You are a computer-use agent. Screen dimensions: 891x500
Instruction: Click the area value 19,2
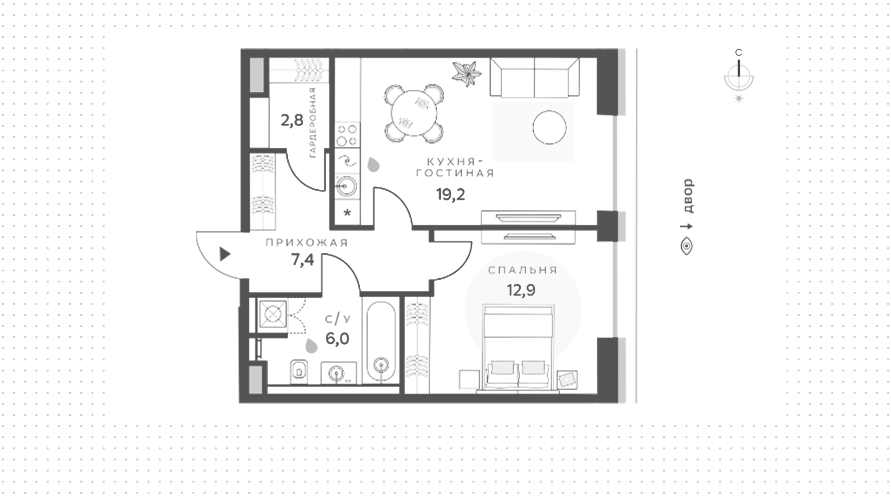[x=450, y=194]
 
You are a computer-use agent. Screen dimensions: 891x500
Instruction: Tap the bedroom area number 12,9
[x=521, y=290]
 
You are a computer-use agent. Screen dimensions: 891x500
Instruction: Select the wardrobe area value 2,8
[x=292, y=121]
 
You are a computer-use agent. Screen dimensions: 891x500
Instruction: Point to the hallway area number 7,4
[x=303, y=260]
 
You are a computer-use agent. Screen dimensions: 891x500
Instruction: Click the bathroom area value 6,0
[x=337, y=339]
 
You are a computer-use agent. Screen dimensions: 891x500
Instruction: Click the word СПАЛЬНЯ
[x=523, y=270]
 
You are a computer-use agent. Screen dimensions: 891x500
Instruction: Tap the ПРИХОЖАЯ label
[x=307, y=243]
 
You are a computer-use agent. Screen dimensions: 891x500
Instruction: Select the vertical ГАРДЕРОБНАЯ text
[x=312, y=122]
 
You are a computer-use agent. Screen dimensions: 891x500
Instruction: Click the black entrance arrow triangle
[x=225, y=254]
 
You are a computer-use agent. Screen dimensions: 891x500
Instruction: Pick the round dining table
[x=413, y=114]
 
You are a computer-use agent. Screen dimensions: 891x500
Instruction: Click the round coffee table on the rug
[x=549, y=128]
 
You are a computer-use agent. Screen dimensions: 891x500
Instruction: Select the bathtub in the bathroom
[x=381, y=341]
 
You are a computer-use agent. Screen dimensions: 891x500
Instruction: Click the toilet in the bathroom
[x=299, y=371]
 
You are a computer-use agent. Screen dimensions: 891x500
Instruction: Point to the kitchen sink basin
[x=346, y=186]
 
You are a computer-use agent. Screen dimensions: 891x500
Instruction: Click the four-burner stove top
[x=347, y=135]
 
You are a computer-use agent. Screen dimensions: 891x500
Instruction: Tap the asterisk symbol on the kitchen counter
[x=347, y=213]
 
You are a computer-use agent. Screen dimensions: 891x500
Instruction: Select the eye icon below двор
[x=686, y=246]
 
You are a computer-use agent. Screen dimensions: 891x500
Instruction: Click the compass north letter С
[x=739, y=52]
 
